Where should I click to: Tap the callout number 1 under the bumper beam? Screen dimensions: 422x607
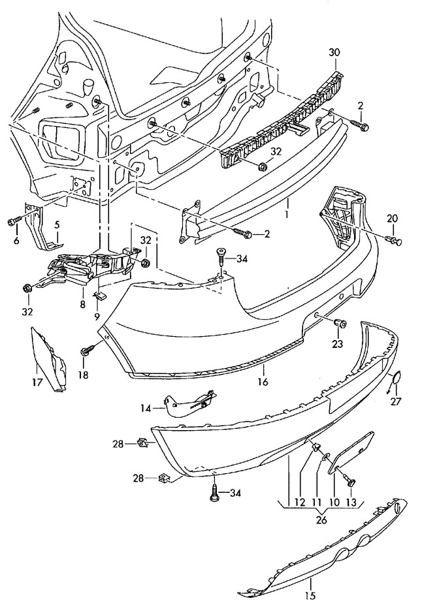[x=287, y=213]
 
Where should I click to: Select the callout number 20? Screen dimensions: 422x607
[x=392, y=219]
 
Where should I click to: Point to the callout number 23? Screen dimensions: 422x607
[x=338, y=343]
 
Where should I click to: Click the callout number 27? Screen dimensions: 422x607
[x=396, y=401]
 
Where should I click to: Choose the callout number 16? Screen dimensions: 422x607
[x=263, y=382]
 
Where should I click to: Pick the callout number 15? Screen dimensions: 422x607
[x=310, y=595]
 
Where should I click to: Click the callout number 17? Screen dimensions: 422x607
[x=37, y=382]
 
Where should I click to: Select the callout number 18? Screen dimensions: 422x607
[x=84, y=375]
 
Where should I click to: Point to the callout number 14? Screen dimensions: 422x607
[x=146, y=408]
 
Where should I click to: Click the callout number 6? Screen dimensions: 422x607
[x=16, y=240]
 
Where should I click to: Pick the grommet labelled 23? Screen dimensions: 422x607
[x=340, y=322]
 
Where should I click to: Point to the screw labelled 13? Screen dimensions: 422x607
[x=351, y=482]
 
